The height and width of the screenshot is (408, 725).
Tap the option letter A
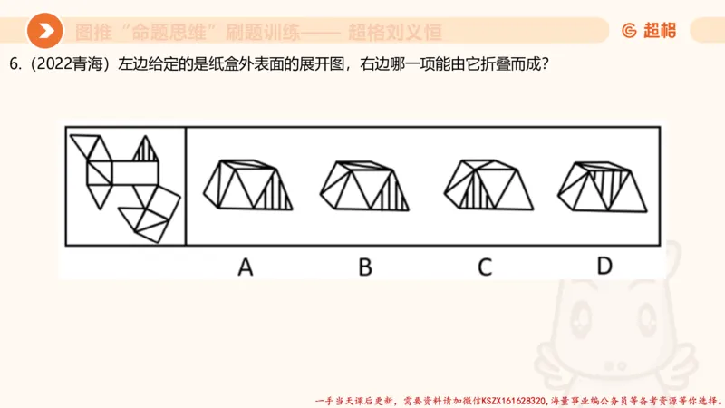click(245, 266)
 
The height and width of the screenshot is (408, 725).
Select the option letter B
click(365, 266)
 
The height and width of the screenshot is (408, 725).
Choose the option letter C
click(485, 266)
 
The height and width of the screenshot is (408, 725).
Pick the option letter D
click(604, 266)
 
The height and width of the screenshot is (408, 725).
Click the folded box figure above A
click(247, 185)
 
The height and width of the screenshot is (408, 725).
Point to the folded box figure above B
click(364, 185)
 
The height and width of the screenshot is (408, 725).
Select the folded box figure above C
click(485, 185)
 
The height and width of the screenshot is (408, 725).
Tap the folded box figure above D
click(603, 185)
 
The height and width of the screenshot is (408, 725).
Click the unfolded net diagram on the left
click(125, 185)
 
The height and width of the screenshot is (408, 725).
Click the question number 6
click(14, 66)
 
